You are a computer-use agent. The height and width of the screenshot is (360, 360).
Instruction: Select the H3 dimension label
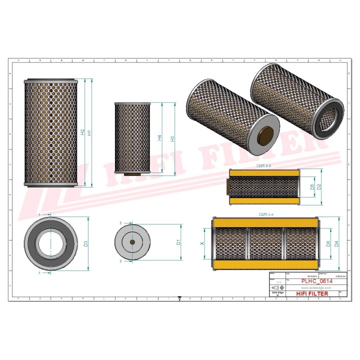click(x=172, y=139)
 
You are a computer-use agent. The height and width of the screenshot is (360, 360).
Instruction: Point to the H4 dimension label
click(x=159, y=137)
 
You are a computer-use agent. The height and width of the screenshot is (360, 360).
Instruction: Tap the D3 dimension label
click(x=85, y=244)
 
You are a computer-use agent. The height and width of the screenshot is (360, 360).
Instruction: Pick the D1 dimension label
click(x=178, y=243)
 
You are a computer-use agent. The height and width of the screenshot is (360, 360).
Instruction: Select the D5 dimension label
click(x=311, y=187)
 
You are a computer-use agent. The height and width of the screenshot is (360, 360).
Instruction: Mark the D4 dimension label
click(x=336, y=244)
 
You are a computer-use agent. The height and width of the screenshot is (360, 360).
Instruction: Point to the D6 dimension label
click(x=328, y=244)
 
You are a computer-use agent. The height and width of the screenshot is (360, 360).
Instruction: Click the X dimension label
click(x=202, y=243)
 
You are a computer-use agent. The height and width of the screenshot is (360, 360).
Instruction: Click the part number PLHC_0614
click(x=316, y=281)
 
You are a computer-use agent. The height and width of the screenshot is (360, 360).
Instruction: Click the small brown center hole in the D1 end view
click(x=132, y=243)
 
